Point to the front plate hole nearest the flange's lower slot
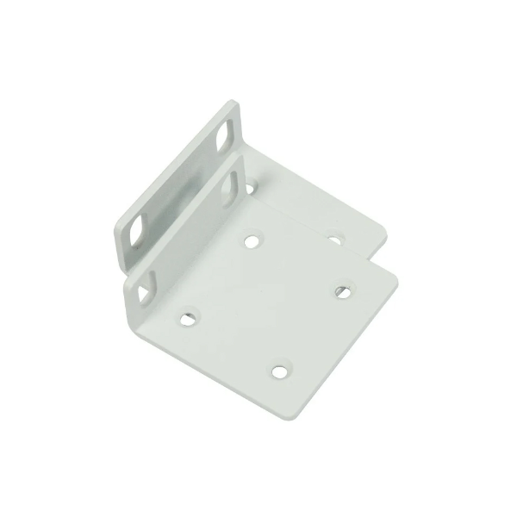(x=187, y=320)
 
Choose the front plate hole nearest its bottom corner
(x=278, y=371)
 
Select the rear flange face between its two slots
(x=177, y=183)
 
